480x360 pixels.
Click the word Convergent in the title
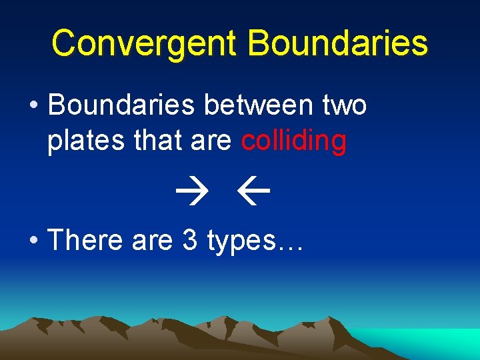(144, 43)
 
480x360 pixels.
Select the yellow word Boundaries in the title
(337, 43)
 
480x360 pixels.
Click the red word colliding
(293, 142)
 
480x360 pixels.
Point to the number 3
(189, 240)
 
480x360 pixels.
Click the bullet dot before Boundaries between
(32, 107)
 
